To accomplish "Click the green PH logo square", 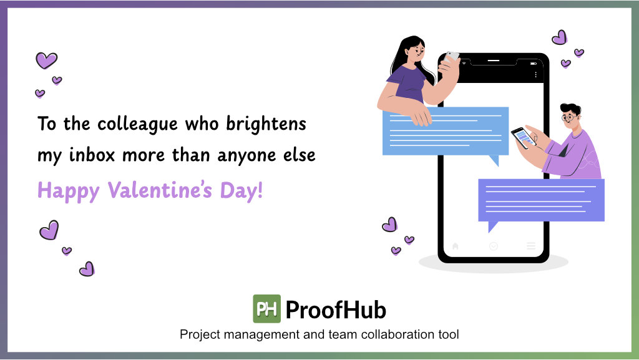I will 266,309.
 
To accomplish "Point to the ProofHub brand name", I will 336,309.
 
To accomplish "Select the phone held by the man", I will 523,137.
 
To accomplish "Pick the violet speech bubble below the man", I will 540,200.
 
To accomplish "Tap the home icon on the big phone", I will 456,246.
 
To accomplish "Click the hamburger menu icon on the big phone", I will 531,246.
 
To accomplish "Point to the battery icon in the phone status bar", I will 534,63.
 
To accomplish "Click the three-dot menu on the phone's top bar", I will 535,74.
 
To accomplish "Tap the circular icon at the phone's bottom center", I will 494,246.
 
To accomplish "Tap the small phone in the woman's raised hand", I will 452,56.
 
